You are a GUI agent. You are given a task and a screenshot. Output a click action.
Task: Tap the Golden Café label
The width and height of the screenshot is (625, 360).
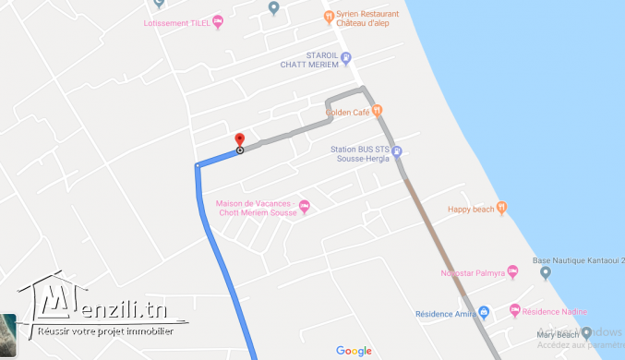347,113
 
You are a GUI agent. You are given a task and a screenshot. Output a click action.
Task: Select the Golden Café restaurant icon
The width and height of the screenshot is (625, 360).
376,111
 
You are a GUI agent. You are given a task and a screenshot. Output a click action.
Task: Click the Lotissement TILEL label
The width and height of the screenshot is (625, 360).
176,22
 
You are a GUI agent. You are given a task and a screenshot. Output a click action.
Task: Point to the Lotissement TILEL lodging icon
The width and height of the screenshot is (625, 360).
218,21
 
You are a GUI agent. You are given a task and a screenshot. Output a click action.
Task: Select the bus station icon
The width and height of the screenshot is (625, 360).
396,152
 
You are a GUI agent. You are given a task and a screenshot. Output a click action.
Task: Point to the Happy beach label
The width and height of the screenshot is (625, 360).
470,209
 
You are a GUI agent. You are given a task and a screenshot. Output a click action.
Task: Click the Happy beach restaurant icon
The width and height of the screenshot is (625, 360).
501,207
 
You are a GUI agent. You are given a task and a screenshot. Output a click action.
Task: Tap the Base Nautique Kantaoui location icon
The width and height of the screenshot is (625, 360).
545,272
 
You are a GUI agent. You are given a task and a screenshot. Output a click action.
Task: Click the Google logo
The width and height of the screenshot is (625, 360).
354,350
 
